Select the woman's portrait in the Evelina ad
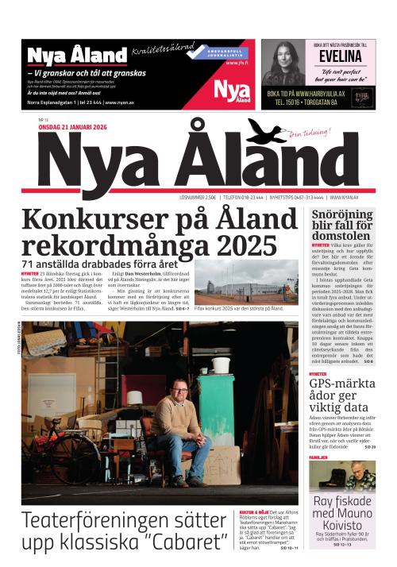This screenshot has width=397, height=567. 283,64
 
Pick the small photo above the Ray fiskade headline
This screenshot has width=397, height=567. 341,476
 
